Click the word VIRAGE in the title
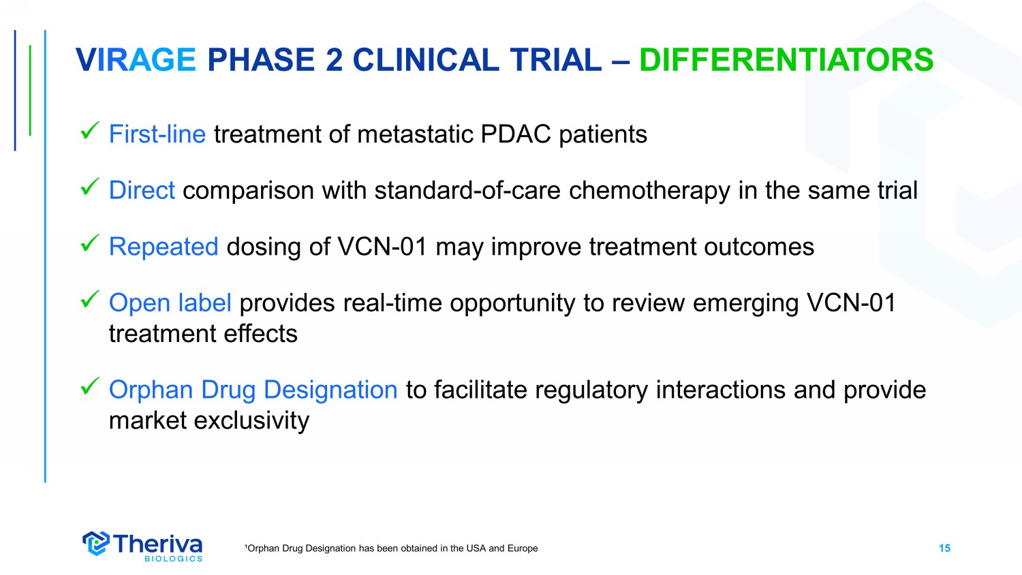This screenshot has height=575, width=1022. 136,60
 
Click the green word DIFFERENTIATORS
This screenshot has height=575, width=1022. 786,60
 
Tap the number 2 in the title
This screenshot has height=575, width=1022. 334,60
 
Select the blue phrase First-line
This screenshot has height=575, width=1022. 157,134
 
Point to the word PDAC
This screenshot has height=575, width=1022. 516,134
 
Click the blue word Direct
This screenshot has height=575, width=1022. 142,190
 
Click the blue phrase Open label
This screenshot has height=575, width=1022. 170,303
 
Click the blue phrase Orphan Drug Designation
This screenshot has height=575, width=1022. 253,390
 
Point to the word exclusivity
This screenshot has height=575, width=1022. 251,421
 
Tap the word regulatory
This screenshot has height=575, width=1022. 591,391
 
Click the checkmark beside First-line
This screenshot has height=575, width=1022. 90,131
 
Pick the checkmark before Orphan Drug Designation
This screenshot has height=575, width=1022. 90,386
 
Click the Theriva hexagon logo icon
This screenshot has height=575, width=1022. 96,543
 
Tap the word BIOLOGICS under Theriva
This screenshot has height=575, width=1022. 173,559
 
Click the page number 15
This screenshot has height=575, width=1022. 944,548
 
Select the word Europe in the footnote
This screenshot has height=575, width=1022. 523,548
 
